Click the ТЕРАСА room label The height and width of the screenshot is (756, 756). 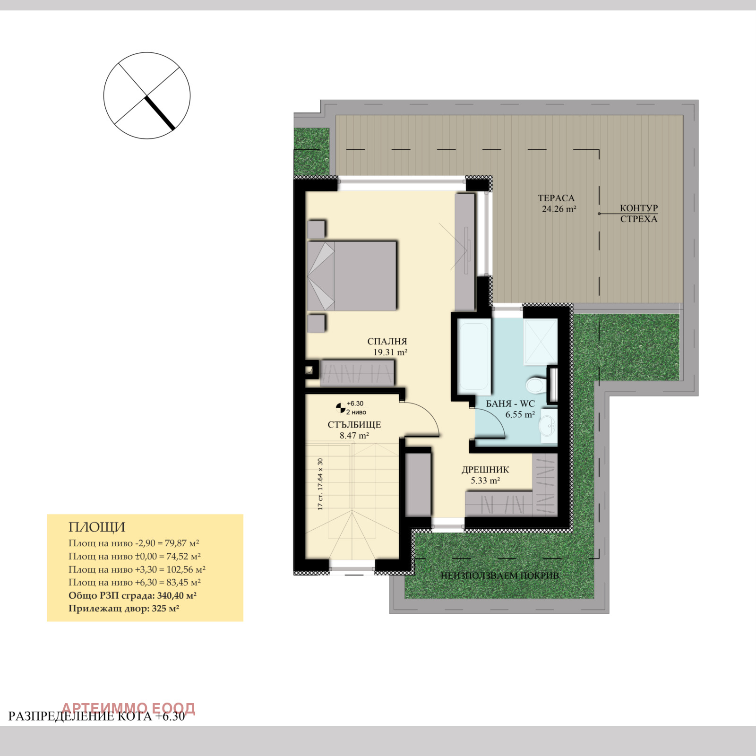(556, 198)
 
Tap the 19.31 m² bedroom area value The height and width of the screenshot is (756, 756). (390, 352)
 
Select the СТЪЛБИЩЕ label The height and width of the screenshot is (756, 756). (354, 425)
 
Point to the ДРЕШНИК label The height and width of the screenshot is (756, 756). (485, 470)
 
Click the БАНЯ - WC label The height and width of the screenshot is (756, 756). (510, 404)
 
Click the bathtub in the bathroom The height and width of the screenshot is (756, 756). (474, 356)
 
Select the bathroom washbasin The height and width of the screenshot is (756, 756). (549, 426)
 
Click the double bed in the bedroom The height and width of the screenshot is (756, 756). (352, 276)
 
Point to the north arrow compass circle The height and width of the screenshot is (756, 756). (147, 95)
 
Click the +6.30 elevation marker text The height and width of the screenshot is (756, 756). (355, 404)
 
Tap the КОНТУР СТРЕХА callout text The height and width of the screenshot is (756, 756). (639, 214)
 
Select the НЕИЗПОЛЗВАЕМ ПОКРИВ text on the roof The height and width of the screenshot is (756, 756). (500, 576)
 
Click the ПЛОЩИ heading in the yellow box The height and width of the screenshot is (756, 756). (97, 527)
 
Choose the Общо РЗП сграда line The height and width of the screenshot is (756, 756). (132, 595)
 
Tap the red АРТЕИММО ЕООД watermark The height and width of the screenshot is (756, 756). (129, 708)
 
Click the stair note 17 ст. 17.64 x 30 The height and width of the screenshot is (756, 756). (320, 484)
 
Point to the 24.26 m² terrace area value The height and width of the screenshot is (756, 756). (559, 209)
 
